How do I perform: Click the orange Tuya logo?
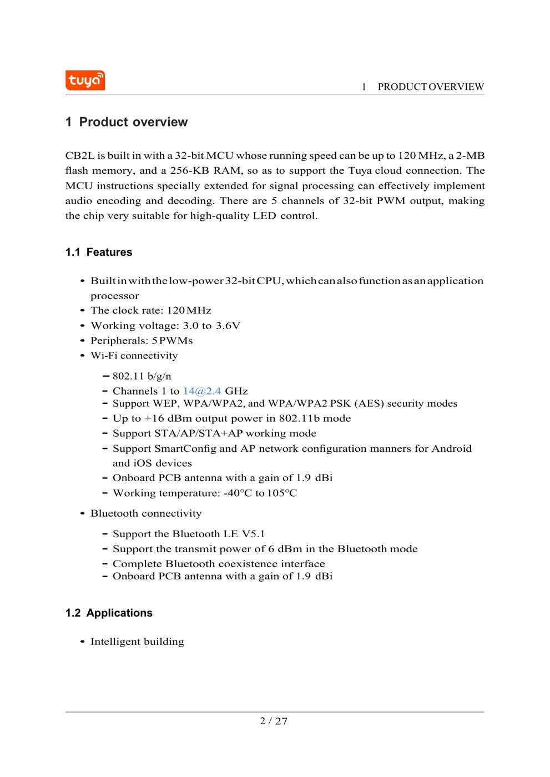(85, 80)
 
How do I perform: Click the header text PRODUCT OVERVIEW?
(430, 87)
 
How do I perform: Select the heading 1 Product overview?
(127, 122)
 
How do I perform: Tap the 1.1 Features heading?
(99, 253)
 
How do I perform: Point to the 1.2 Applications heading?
(109, 613)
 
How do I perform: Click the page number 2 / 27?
(274, 722)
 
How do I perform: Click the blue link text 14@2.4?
(202, 391)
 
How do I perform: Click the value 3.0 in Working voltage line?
(190, 326)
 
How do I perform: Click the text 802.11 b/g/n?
(142, 376)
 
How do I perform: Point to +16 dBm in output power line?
(165, 418)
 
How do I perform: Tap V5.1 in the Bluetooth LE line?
(253, 534)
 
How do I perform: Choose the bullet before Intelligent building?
(82, 642)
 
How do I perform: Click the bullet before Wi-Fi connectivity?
(82, 356)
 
